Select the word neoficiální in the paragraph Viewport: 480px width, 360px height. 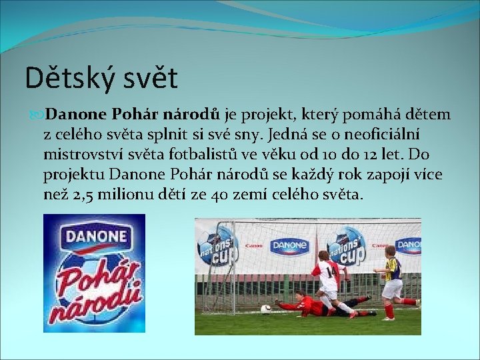pos(406,135)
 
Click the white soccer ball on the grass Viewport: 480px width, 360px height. pos(265,309)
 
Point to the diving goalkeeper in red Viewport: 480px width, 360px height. pos(313,305)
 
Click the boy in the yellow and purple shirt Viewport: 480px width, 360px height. pos(393,277)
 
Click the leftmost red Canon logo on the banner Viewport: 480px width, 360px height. pos(255,245)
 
